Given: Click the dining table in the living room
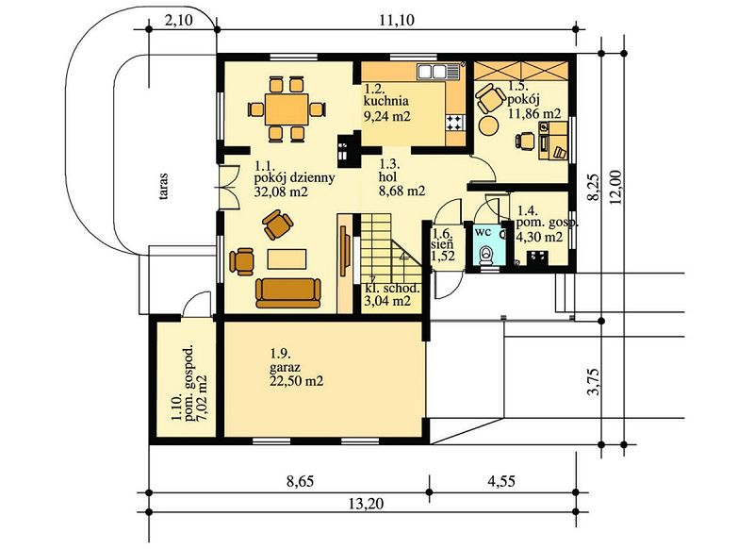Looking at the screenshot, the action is (x=287, y=109).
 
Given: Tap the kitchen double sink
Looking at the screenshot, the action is (x=433, y=72).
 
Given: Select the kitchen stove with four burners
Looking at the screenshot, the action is (x=454, y=123).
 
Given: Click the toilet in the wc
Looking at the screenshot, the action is (x=486, y=256).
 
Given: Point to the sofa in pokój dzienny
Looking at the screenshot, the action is (x=288, y=292).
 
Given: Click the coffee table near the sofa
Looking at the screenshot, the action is (x=287, y=258).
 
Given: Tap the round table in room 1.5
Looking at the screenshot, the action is (x=488, y=126).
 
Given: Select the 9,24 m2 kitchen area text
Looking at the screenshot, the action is (x=387, y=116).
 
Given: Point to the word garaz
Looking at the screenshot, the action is (x=286, y=368).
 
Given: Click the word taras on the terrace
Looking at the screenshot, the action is (x=163, y=187).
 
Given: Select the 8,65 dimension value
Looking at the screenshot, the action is (x=301, y=481).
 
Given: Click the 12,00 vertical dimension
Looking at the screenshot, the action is (x=616, y=187).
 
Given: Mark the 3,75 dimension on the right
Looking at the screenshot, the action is (x=594, y=381).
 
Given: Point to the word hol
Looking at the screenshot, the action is (x=388, y=177).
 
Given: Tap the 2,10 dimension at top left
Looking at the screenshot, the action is (x=178, y=20).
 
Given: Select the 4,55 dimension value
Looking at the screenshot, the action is (x=501, y=481).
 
